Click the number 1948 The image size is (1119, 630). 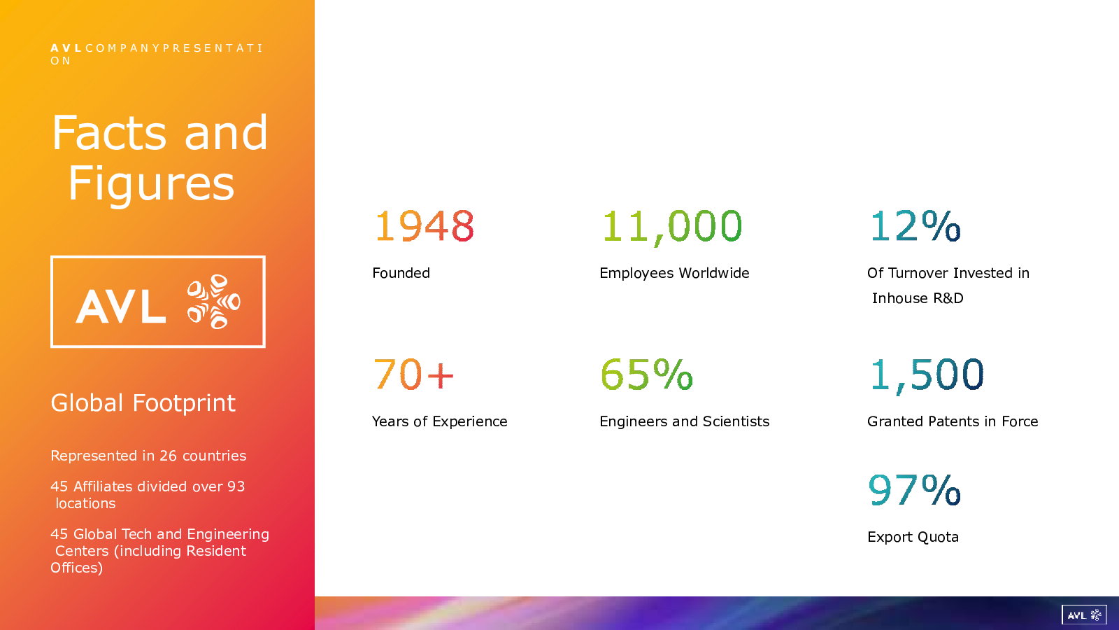424,226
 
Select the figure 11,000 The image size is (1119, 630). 672,227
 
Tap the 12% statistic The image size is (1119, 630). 915,225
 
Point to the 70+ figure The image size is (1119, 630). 413,374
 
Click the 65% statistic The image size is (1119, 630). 646,374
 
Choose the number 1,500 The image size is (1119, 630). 927,375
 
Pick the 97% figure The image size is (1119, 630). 915,489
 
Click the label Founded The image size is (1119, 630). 401,273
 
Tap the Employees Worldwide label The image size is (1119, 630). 674,273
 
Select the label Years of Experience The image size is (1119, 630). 440,421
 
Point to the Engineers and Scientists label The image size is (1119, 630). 685,421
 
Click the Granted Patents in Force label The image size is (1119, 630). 953,421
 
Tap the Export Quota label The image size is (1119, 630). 913,537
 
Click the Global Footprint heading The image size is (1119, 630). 143,403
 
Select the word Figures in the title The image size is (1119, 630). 151,184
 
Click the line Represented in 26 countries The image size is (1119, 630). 148,456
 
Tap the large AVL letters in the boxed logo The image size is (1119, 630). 121,307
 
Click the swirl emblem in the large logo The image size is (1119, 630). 214,302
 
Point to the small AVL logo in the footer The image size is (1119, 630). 1084,615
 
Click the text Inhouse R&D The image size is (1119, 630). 918,298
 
